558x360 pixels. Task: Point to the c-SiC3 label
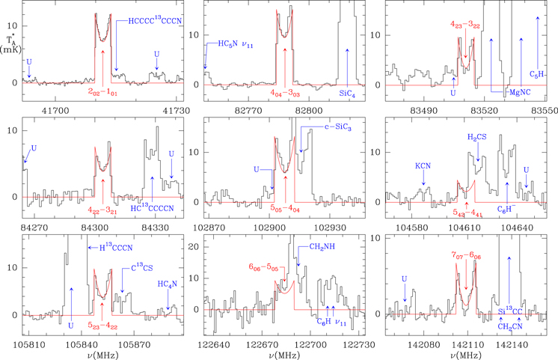317,129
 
